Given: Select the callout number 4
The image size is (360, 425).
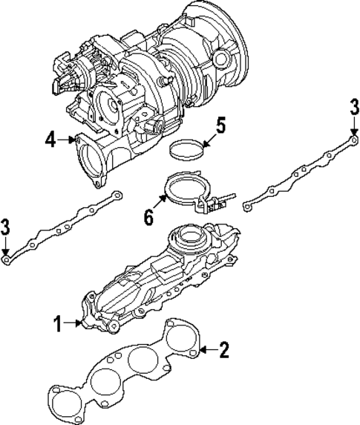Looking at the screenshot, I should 50,137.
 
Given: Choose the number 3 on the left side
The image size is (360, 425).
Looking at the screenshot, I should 6,227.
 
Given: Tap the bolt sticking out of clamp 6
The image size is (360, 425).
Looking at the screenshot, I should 226,198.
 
